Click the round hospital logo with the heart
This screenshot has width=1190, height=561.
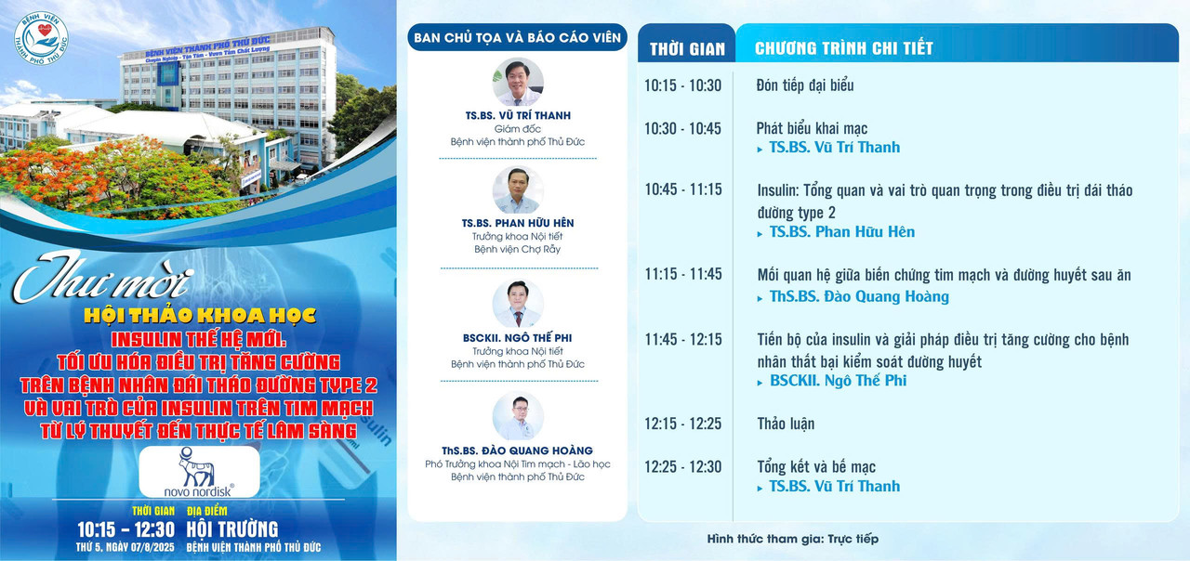(x=41, y=39)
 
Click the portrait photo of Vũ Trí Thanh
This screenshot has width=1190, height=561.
(x=518, y=83)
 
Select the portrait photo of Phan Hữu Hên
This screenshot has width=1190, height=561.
(x=518, y=190)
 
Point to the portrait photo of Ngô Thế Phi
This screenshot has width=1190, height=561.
(x=518, y=304)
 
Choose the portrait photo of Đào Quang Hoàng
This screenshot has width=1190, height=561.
(x=518, y=417)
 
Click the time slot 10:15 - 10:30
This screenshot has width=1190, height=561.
(x=682, y=85)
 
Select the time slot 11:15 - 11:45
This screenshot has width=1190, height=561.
(x=683, y=274)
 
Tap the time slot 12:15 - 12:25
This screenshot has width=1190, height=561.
(x=683, y=424)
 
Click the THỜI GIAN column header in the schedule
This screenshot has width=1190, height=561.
(x=687, y=49)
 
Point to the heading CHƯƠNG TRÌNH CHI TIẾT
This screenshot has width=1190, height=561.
(x=843, y=48)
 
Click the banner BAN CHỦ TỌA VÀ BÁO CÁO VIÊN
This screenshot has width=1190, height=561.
(x=518, y=38)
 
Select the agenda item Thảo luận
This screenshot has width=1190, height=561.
(x=786, y=424)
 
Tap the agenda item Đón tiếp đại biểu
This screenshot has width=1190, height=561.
(x=805, y=85)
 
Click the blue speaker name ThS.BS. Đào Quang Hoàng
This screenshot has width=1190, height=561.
(x=859, y=296)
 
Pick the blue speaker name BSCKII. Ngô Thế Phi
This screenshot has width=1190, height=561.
(x=838, y=381)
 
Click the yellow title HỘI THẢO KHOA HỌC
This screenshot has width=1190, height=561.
(x=200, y=315)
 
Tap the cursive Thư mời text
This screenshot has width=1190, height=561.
(x=102, y=278)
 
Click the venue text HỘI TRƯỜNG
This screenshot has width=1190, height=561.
(x=232, y=529)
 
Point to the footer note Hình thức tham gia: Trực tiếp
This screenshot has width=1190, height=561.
(x=793, y=540)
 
